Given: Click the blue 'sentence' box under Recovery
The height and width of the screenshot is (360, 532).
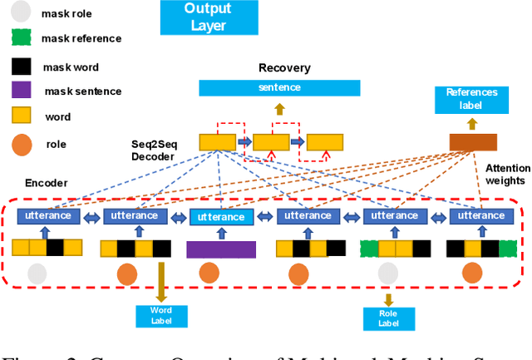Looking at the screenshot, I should (278, 87).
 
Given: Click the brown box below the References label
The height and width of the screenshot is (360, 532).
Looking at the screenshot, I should (471, 142).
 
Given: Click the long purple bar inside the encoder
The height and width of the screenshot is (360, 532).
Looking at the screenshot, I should (221, 248).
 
